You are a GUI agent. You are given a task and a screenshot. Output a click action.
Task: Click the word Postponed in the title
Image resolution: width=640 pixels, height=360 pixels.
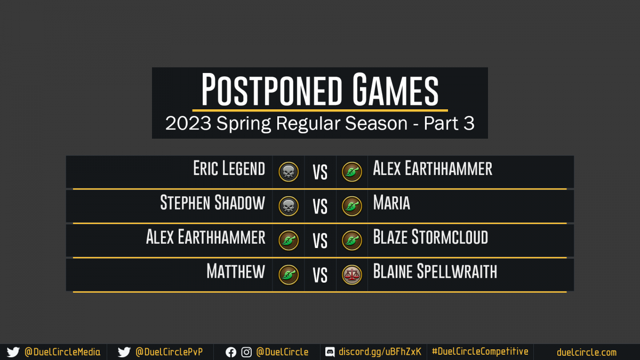coord(271,90)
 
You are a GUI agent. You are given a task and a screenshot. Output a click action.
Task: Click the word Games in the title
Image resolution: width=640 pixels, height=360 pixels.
coord(395,90)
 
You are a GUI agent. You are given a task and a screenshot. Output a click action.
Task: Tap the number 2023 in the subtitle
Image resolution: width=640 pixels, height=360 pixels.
coord(188,123)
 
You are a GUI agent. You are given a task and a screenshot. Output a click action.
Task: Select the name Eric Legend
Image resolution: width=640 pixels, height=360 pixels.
coord(229,169)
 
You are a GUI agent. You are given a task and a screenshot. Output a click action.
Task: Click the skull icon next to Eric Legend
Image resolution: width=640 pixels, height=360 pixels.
coord(289,172)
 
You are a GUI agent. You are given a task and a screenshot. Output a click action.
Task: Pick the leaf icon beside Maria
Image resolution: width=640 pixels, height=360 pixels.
coord(352,206)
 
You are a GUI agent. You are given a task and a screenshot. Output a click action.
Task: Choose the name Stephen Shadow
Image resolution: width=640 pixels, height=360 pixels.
coord(213,203)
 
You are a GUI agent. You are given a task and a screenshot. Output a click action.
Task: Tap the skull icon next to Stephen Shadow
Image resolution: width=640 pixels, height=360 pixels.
coord(289,206)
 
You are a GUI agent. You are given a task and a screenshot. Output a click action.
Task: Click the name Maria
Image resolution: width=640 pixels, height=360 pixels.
coord(391,203)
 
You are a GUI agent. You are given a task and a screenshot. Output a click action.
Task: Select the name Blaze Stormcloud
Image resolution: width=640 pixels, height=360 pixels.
coord(430,237)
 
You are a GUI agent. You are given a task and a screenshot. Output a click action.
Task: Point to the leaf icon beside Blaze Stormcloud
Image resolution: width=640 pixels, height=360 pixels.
coord(352,241)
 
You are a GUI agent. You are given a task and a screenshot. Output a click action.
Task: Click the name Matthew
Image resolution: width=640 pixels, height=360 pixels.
coord(236,271)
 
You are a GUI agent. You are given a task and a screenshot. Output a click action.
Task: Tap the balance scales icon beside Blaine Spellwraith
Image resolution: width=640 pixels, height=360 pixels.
coord(352,275)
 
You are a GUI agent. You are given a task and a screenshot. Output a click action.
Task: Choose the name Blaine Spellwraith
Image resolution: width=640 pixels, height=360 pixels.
coord(435,271)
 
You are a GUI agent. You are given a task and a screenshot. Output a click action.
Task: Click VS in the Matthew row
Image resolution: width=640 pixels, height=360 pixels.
coord(320,275)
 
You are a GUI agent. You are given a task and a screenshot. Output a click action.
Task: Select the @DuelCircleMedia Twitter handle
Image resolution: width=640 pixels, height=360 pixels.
coord(62,352)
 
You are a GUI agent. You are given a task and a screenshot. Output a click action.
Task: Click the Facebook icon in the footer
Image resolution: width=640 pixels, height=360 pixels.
coord(231,353)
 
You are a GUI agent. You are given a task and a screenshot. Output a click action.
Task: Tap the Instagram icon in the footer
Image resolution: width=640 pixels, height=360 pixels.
coord(246,353)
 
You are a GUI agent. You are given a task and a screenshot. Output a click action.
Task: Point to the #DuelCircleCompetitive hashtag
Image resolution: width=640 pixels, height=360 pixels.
coord(480,351)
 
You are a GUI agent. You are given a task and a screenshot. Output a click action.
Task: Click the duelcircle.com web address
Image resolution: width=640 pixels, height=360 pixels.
coord(587,353)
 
